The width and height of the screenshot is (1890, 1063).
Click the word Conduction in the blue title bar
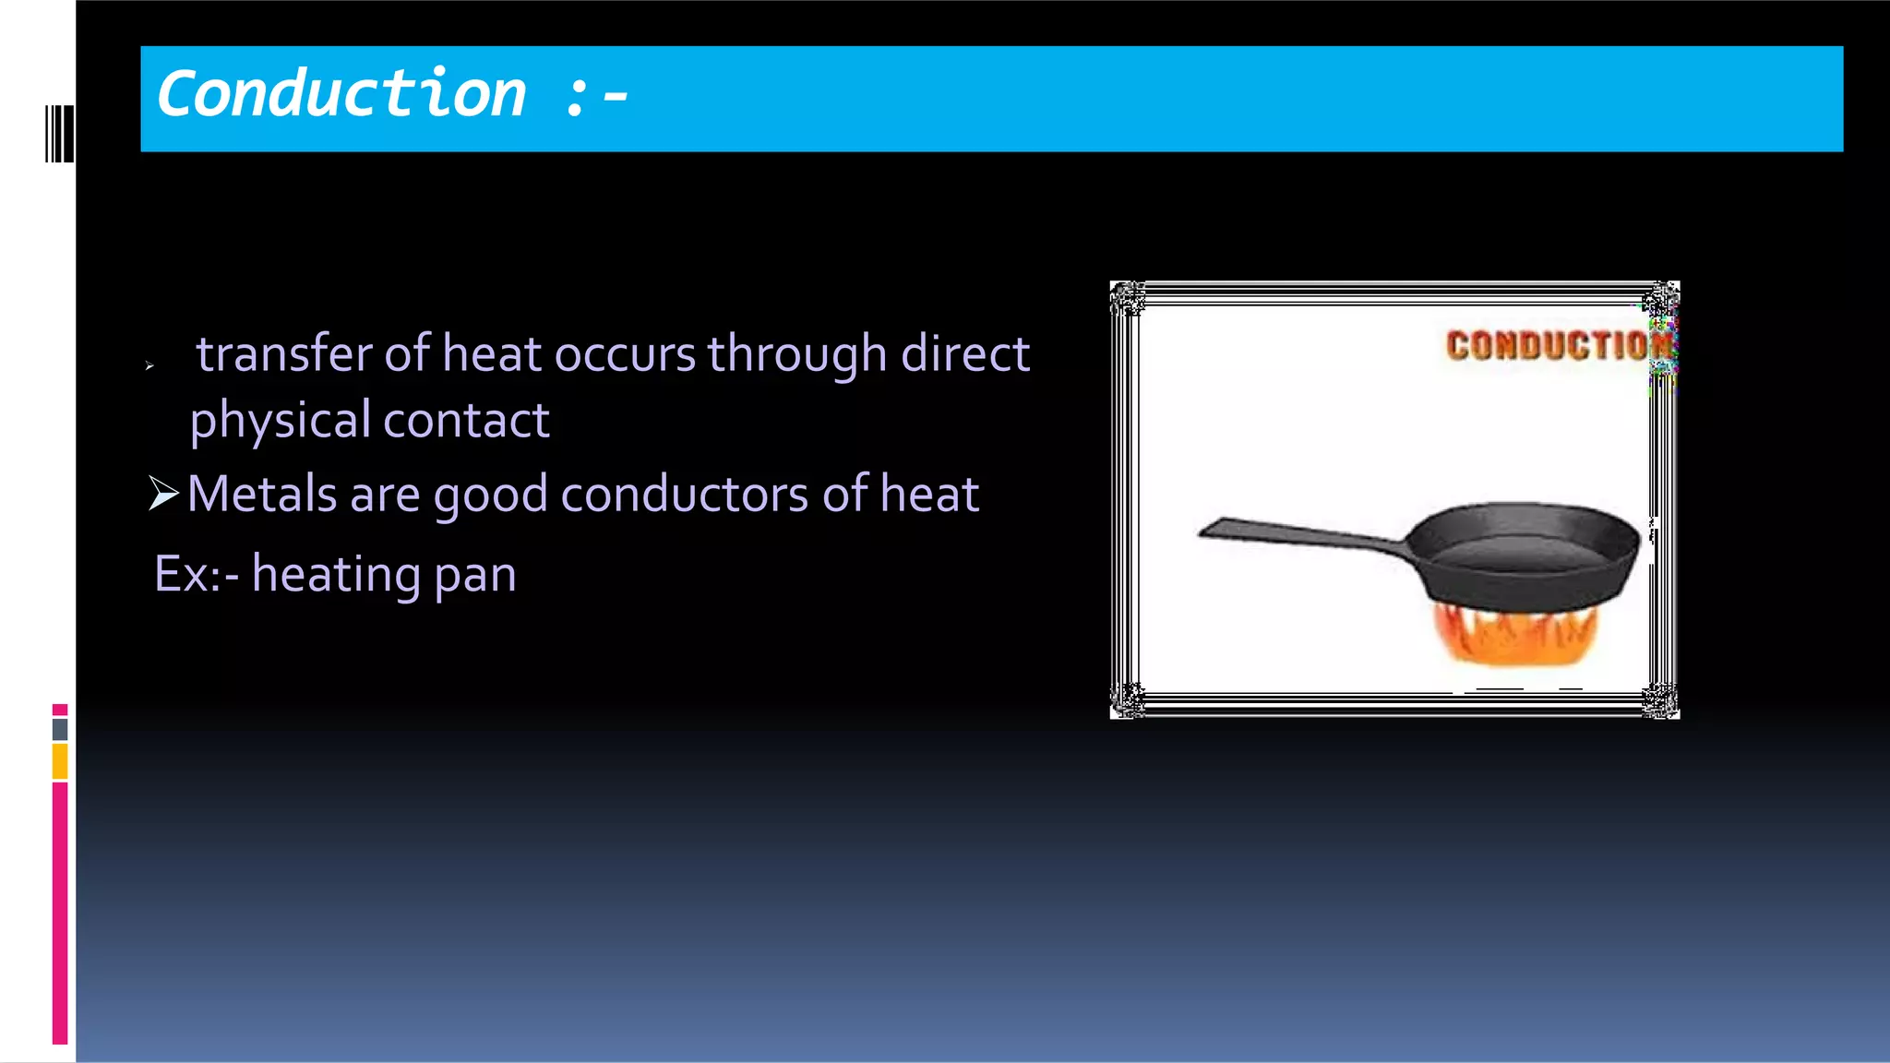341,94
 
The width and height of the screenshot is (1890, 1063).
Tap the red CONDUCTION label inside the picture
1558,346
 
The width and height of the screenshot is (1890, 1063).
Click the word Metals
261,494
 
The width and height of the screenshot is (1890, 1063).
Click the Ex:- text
196,574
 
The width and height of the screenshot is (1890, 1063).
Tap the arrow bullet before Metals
163,494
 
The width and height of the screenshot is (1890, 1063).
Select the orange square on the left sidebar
60,762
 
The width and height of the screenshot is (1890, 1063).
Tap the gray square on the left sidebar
60,729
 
